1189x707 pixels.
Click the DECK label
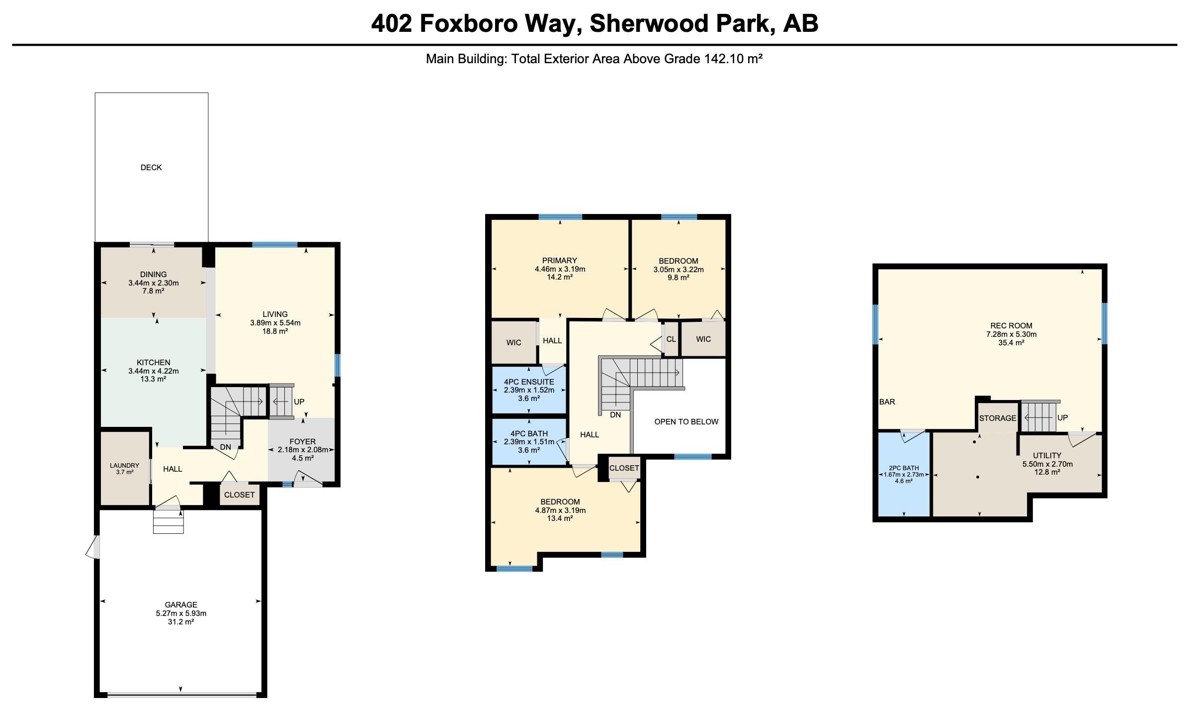(x=151, y=168)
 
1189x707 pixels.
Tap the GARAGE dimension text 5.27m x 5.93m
(x=181, y=613)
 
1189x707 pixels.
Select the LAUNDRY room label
(x=125, y=466)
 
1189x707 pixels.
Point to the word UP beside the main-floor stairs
(x=299, y=402)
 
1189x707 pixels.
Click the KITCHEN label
(x=154, y=363)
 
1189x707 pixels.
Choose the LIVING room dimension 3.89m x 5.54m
(x=275, y=323)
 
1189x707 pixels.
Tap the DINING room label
(x=154, y=275)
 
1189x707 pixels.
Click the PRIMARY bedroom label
(x=560, y=261)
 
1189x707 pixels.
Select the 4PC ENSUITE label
(x=529, y=382)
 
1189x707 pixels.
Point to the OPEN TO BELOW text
(x=686, y=422)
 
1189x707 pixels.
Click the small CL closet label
(x=671, y=339)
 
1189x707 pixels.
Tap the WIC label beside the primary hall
(x=514, y=343)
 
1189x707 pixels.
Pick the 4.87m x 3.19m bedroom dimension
(x=560, y=510)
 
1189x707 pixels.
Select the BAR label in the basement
(x=887, y=402)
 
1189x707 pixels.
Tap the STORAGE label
(x=998, y=418)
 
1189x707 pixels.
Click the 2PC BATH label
(x=904, y=468)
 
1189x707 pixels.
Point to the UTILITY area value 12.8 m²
(x=1047, y=472)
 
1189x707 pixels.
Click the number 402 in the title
(x=392, y=23)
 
